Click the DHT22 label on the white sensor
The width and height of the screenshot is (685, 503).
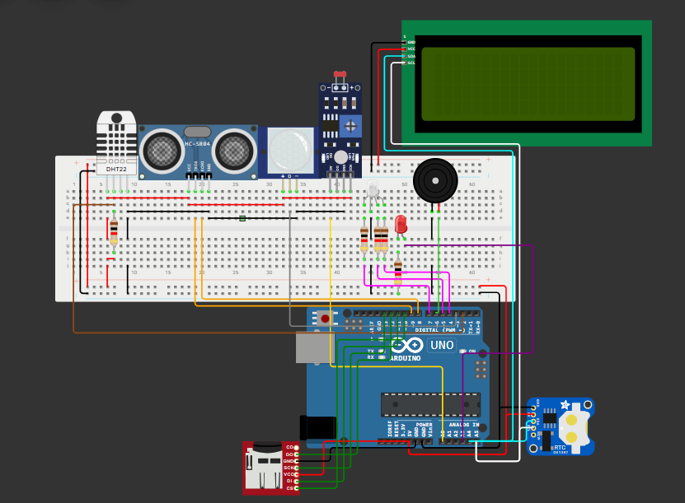117,169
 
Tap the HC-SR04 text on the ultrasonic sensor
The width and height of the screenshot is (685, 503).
198,144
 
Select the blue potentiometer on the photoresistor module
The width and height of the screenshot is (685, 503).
351,126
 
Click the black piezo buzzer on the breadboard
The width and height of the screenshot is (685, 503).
435,180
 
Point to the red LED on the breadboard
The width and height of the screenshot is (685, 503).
401,223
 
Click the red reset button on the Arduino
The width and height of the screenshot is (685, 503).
326,318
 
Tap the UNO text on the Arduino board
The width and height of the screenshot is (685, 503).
442,345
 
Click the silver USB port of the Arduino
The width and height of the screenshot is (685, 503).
312,349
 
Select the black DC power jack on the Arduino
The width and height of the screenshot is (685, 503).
318,427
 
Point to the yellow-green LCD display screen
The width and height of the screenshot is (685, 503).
528,84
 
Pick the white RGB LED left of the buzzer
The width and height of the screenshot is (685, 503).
373,192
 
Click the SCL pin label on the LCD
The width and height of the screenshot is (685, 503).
411,63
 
